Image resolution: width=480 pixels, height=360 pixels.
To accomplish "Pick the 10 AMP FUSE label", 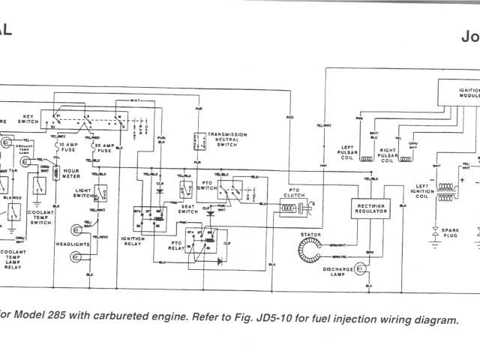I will [68, 146].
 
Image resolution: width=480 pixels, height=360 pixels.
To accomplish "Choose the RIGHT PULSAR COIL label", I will [388, 157].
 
